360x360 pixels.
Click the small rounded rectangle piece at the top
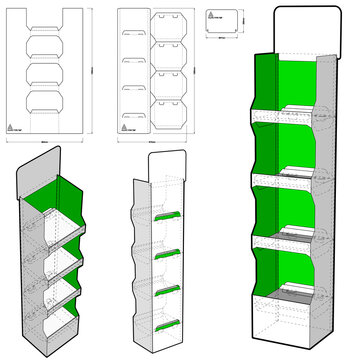coord(221,21)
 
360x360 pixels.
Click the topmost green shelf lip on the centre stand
coord(165,215)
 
